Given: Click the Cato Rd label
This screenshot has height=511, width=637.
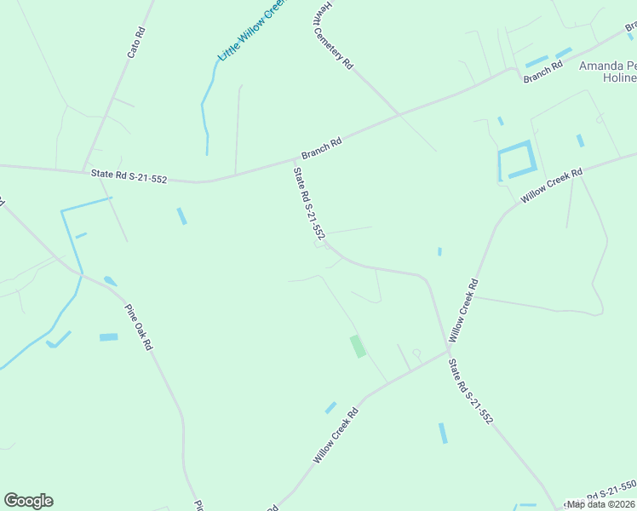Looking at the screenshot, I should (136, 43).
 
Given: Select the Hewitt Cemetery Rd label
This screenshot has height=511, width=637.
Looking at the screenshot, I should (331, 35).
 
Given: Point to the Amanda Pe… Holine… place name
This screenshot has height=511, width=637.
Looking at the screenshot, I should (607, 72).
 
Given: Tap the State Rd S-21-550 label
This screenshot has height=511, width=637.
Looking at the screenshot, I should (600, 492).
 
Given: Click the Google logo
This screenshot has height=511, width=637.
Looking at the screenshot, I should (28, 501).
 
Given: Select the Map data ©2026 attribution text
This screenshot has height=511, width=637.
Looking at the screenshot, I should (600, 504).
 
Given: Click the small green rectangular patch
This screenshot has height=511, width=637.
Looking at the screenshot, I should (358, 346).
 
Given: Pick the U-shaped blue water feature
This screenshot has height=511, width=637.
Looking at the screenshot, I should (515, 160).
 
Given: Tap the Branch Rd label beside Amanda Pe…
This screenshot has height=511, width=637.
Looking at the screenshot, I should (543, 72).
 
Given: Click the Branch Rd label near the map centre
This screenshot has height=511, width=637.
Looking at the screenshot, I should (322, 148).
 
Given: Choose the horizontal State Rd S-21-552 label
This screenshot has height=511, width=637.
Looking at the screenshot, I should (129, 175).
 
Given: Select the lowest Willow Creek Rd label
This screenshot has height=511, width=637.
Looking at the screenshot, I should (336, 434).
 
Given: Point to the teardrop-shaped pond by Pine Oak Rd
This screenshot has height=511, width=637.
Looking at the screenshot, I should (111, 281).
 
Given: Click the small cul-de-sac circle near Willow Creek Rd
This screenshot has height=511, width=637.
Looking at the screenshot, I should (416, 353).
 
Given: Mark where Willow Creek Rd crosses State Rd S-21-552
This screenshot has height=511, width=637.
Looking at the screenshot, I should (449, 350).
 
